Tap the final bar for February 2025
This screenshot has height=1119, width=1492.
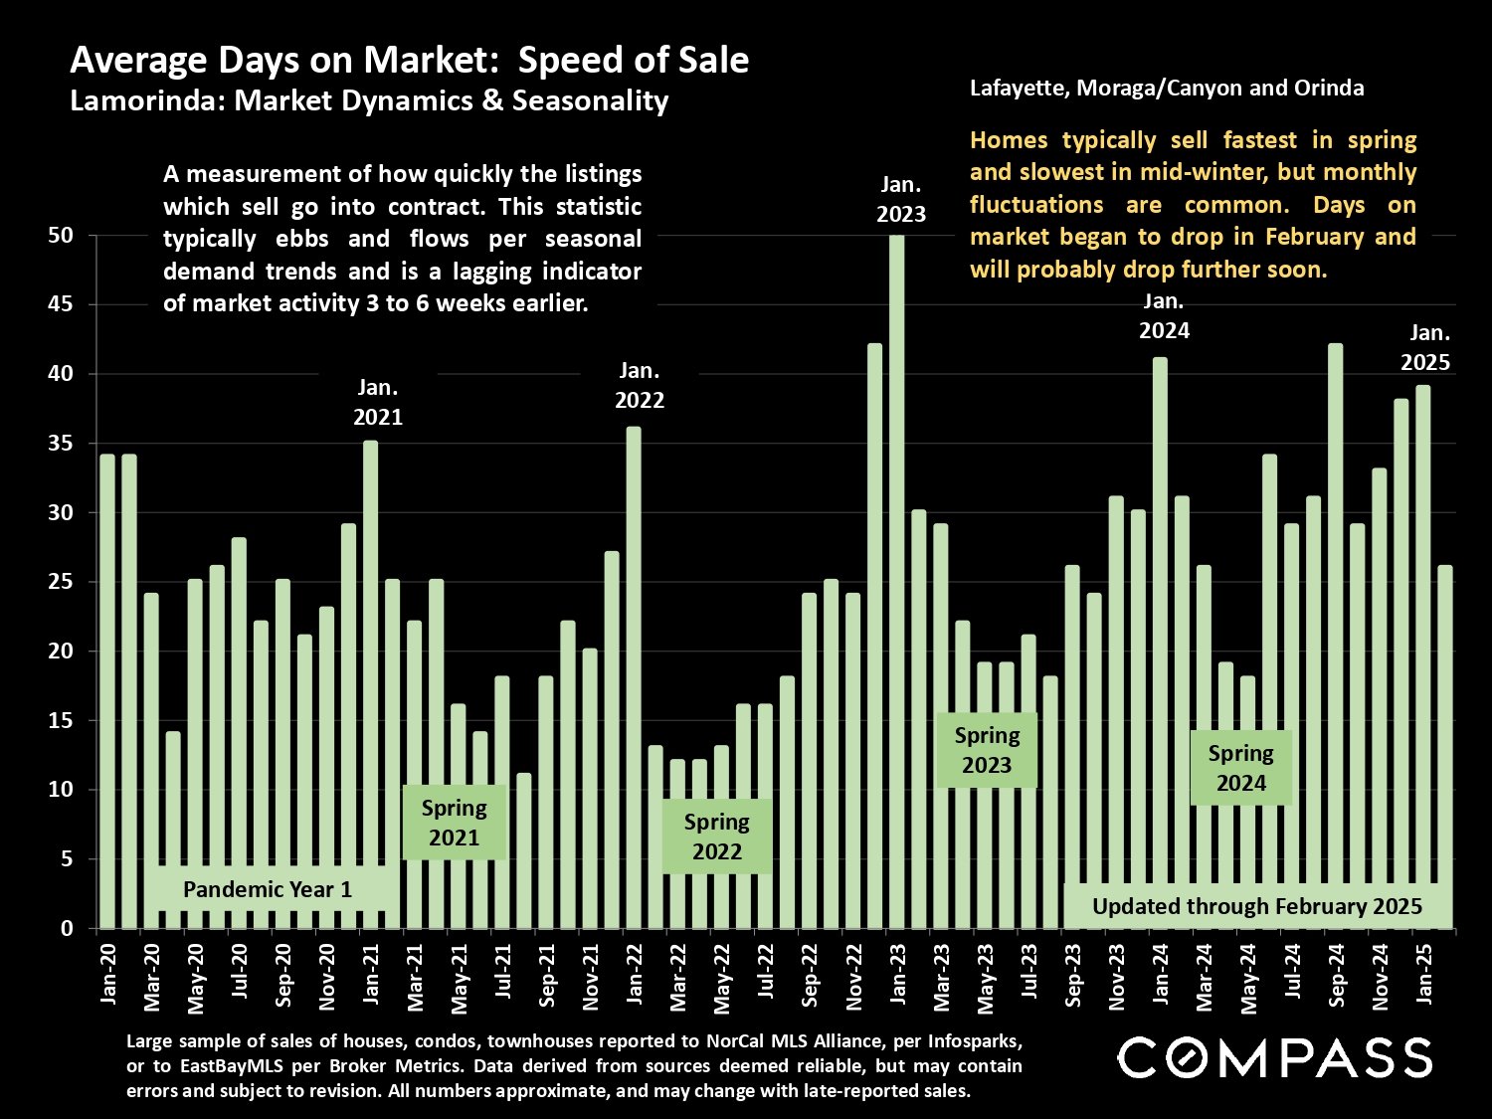coord(1444,746)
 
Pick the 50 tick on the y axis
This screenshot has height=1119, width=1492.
coord(61,236)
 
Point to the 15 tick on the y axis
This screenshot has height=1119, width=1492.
coord(61,720)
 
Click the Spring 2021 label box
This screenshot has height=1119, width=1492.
coord(454,823)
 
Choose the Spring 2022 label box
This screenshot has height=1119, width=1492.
coord(716,837)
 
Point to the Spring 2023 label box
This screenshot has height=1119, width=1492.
coord(987,750)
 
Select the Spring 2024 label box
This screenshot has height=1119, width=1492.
coord(1240,768)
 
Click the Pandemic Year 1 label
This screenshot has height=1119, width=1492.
coord(267,889)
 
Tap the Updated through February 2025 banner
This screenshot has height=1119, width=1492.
coord(1257,906)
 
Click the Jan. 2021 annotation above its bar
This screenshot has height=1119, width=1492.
coord(378,402)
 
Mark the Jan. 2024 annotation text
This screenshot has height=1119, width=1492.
coord(1164,315)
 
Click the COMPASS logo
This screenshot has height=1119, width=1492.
coord(1275,1057)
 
